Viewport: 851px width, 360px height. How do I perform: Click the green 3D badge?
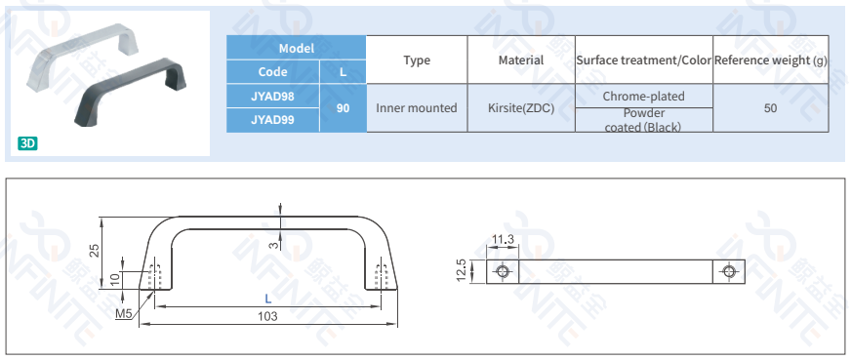coord(27,143)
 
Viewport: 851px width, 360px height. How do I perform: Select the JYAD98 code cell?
coord(272,96)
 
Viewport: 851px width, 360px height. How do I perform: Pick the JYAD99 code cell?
coord(272,120)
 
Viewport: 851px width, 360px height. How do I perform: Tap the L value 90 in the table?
coord(343,108)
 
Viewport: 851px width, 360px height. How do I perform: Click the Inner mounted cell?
coord(417,108)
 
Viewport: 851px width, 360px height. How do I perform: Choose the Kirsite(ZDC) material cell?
coord(521,108)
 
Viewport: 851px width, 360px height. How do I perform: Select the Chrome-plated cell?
coord(644,96)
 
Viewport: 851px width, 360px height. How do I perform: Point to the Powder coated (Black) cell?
coord(644,120)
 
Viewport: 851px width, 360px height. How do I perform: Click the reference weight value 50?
coord(771,108)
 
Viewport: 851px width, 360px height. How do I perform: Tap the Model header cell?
coord(297,48)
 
